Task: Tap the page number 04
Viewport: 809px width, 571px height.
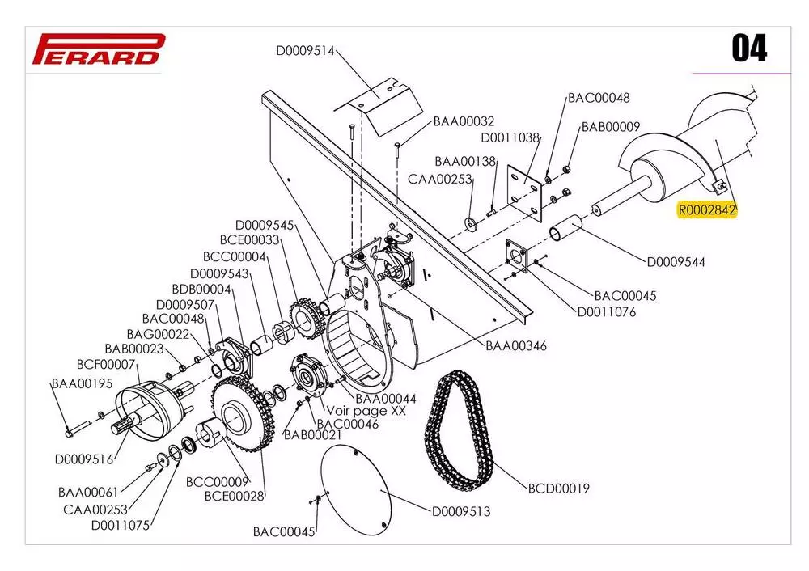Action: [749, 49]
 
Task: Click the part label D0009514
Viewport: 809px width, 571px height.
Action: [305, 50]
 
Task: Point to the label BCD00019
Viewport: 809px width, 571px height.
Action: [558, 489]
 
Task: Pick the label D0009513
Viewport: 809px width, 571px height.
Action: [460, 511]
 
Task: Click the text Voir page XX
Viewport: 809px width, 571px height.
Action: [366, 411]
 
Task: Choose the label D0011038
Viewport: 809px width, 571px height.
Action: [510, 138]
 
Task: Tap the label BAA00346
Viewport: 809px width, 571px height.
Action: [516, 345]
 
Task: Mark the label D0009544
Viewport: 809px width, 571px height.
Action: [676, 262]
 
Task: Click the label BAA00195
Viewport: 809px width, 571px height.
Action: [81, 383]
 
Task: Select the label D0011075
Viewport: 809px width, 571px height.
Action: [121, 525]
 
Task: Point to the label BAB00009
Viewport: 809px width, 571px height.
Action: [611, 127]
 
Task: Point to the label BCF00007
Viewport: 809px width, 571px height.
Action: [106, 365]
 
